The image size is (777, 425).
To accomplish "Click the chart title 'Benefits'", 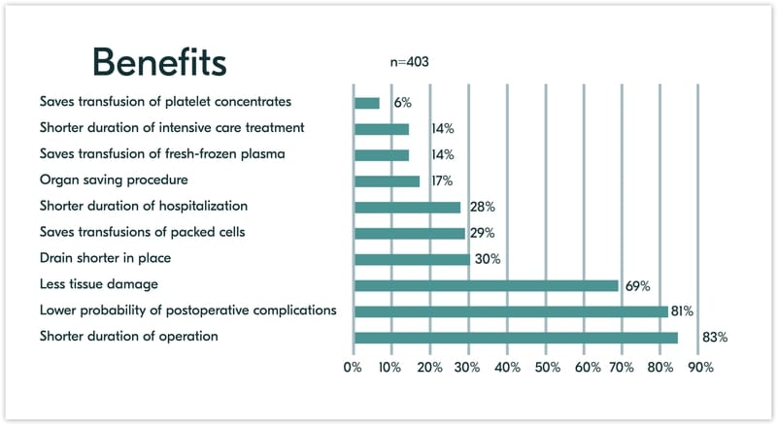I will (160, 61).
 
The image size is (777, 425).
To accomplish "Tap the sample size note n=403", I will (409, 62).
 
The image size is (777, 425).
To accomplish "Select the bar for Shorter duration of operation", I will (516, 338).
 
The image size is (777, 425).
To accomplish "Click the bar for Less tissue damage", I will (487, 285).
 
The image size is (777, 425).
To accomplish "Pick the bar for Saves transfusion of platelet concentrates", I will (367, 103).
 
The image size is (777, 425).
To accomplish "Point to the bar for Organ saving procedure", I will (388, 180).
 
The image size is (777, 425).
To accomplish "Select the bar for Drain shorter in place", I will (412, 259).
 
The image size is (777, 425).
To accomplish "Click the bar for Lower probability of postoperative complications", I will (511, 311).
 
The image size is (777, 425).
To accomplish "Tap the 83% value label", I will (714, 338).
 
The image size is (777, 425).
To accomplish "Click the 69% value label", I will (637, 285).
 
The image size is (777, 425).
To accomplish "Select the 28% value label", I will (483, 207).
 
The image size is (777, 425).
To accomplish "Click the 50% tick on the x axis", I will (547, 368).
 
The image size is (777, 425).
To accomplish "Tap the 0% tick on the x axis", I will (352, 368).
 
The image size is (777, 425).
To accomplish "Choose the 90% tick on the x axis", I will (700, 368).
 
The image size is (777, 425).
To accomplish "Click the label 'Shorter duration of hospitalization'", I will (144, 206).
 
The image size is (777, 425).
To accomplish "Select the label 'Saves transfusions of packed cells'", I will (143, 232).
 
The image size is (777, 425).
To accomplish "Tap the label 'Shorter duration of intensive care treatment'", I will (172, 127).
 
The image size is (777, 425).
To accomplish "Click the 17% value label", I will (443, 180).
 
